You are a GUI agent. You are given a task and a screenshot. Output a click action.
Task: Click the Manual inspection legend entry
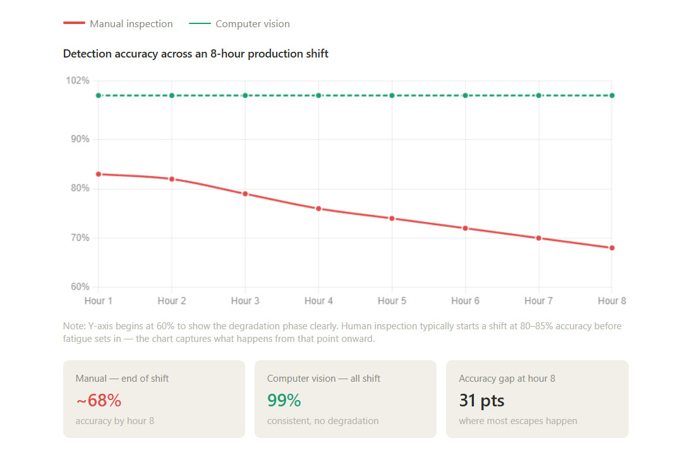(x=118, y=24)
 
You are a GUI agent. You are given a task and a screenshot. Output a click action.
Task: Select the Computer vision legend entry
(x=240, y=24)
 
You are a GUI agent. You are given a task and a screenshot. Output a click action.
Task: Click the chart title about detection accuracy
(x=196, y=54)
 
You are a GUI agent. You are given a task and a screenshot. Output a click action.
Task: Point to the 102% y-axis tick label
(x=77, y=81)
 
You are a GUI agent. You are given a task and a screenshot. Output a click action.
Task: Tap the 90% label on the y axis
(x=79, y=139)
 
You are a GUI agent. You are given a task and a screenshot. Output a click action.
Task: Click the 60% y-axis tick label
(x=79, y=287)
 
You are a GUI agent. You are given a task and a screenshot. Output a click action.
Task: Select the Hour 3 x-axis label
(x=245, y=301)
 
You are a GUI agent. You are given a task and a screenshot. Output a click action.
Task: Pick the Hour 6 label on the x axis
(x=465, y=301)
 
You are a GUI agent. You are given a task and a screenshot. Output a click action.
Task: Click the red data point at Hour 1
(x=99, y=174)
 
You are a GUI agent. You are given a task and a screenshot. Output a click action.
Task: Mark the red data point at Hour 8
(x=612, y=248)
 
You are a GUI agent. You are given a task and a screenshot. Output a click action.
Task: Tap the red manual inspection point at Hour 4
(x=318, y=209)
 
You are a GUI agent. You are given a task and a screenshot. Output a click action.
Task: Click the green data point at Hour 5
(x=392, y=95)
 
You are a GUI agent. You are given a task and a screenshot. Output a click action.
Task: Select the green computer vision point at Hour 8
(x=612, y=95)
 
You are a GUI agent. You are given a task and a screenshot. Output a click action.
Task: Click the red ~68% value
(x=99, y=400)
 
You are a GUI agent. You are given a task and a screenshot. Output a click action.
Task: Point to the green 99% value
(x=284, y=400)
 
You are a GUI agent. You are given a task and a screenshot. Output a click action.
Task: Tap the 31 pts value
(x=481, y=400)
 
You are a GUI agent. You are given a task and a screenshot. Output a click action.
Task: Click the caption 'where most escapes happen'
(x=517, y=421)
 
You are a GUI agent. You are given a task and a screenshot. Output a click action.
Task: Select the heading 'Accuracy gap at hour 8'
(x=507, y=379)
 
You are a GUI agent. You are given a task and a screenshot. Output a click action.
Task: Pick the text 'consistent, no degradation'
(x=323, y=421)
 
